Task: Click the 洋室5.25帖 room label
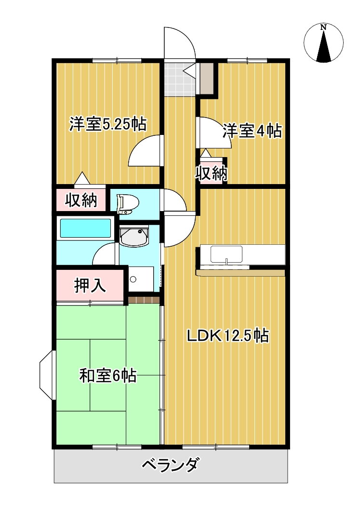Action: point(108,124)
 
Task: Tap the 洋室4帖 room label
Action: point(252,131)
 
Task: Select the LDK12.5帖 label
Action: point(228,336)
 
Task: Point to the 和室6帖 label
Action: point(108,375)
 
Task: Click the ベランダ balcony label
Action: point(170,465)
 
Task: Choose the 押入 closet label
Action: point(90,285)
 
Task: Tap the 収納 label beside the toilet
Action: point(81,200)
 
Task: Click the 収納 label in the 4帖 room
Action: point(211,173)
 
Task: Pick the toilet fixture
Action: point(128,204)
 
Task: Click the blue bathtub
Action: point(86,228)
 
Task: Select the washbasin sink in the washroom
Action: point(133,236)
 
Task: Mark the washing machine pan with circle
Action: point(141,279)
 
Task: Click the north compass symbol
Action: point(323,43)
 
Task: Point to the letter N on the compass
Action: point(323,27)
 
